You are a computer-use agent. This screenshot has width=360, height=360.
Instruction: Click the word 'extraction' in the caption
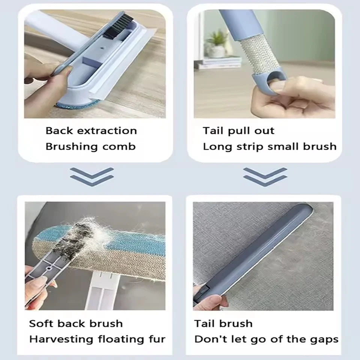click(x=107, y=131)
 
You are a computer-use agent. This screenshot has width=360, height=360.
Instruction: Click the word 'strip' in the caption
click(x=250, y=147)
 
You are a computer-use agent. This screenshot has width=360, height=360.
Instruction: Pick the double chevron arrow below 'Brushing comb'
click(x=91, y=177)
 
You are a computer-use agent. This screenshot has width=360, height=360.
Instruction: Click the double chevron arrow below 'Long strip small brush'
click(x=265, y=177)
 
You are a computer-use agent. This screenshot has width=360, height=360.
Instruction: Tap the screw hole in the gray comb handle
click(x=49, y=268)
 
